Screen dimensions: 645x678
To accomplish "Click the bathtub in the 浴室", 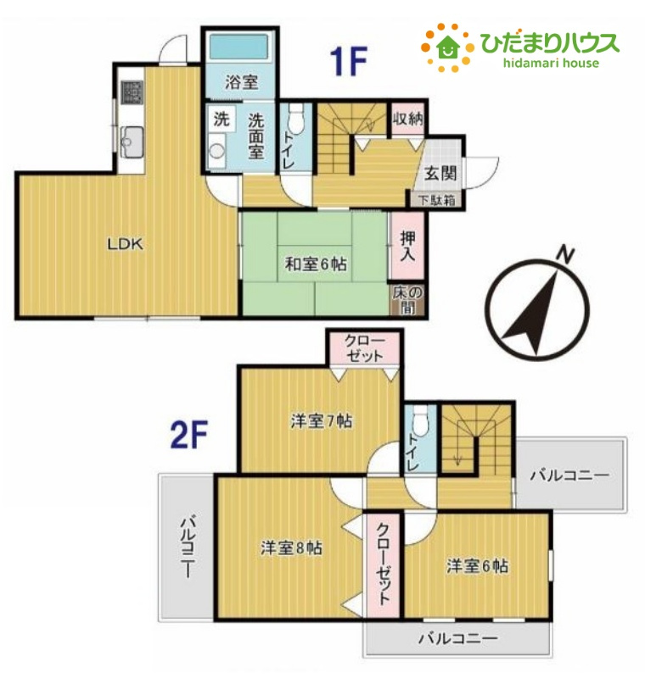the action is (x=240, y=47).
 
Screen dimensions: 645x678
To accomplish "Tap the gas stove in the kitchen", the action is (x=132, y=92).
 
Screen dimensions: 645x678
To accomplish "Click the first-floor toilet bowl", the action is (x=296, y=120).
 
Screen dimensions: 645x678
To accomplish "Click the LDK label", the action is (x=125, y=245).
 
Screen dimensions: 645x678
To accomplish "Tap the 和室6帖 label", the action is (x=316, y=264).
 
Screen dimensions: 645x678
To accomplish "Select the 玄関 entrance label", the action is (x=440, y=174).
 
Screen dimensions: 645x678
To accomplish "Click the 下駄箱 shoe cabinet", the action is (x=436, y=200).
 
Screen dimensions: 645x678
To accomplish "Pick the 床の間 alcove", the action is (x=407, y=300).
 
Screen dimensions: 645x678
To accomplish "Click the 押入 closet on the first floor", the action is (x=407, y=246).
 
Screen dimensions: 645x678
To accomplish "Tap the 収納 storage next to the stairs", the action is (x=407, y=119).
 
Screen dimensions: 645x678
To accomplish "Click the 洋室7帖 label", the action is (x=321, y=420).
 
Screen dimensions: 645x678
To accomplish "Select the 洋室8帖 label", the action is (x=291, y=547).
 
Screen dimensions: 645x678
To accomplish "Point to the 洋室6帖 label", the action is (x=478, y=565).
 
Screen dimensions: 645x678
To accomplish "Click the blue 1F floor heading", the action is (x=349, y=61).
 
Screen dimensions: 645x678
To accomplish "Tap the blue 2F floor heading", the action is (x=189, y=435).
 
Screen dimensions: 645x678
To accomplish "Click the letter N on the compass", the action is (x=565, y=254).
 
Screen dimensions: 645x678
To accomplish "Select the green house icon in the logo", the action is (x=447, y=47).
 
